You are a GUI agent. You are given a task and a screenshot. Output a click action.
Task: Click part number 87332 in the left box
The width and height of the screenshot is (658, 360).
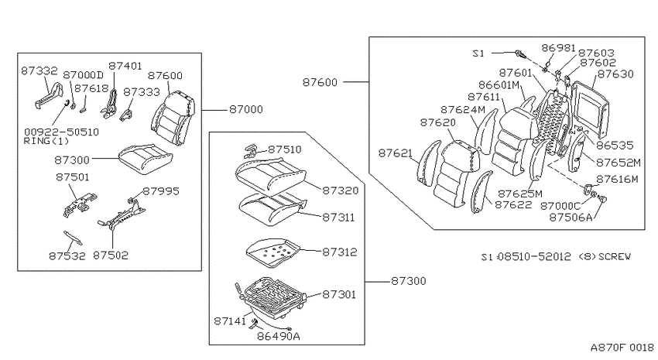[39, 70]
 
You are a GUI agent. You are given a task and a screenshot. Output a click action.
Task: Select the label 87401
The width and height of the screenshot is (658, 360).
[125, 66]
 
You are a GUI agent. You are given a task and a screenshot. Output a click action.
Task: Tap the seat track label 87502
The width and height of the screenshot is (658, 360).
[111, 255]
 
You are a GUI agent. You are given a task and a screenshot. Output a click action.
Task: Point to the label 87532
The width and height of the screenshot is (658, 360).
[67, 255]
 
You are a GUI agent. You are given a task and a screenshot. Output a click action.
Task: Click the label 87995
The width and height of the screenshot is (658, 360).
[161, 191]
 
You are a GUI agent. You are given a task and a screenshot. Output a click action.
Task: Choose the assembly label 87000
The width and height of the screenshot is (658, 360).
[246, 109]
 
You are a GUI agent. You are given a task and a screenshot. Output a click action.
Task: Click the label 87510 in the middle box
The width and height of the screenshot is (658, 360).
[285, 149]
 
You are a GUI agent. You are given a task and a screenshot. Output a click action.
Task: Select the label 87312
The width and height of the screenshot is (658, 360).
[340, 252]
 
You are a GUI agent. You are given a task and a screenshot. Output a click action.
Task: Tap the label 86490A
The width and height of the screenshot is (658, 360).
[279, 336]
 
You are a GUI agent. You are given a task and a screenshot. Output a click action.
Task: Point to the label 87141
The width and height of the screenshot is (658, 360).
[230, 321]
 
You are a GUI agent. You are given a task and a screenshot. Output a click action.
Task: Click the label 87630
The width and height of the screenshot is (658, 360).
[615, 74]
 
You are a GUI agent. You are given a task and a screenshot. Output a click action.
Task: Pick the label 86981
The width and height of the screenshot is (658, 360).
[559, 48]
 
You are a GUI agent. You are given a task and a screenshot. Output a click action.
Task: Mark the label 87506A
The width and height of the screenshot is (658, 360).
[571, 217]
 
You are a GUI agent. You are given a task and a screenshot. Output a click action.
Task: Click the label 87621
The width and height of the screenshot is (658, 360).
[396, 153]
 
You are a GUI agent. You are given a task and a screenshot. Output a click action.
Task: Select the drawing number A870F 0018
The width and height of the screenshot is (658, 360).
[622, 348]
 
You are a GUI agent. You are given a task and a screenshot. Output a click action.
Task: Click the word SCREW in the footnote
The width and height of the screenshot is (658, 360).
[615, 256]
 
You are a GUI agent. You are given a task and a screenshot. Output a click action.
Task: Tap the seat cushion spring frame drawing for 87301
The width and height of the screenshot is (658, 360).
[272, 296]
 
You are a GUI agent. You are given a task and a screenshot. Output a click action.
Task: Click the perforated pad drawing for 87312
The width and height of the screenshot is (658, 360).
[274, 252]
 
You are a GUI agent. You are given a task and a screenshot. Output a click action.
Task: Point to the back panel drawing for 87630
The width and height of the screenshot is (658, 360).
[591, 109]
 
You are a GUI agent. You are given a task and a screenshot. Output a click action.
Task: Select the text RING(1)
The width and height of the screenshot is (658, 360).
[46, 141]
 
